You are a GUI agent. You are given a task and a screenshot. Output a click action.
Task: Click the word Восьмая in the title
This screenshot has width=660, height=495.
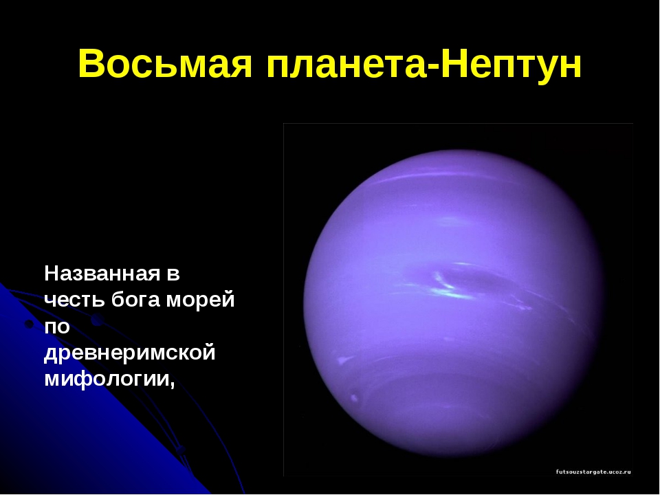pos(166,64)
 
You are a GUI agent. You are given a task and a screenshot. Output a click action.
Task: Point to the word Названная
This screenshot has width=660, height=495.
pos(102,274)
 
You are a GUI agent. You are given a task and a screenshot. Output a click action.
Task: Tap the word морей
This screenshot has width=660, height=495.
pos(201,300)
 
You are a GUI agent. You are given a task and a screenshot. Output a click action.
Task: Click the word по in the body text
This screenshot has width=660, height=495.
pos(57,327)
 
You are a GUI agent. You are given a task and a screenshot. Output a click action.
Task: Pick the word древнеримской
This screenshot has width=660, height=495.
pos(130,353)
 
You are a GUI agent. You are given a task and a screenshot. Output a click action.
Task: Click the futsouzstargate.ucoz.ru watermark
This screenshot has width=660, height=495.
pos(593,472)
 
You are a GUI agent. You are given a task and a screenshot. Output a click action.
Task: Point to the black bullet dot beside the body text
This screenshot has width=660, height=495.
pos(29,324)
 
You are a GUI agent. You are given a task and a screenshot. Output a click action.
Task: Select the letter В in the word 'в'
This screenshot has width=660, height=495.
pos(173,275)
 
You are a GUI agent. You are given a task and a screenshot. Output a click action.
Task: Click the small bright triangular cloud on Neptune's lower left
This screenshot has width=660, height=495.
pos(344,360)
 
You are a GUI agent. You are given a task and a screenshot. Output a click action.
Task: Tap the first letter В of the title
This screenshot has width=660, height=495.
pos(91,64)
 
